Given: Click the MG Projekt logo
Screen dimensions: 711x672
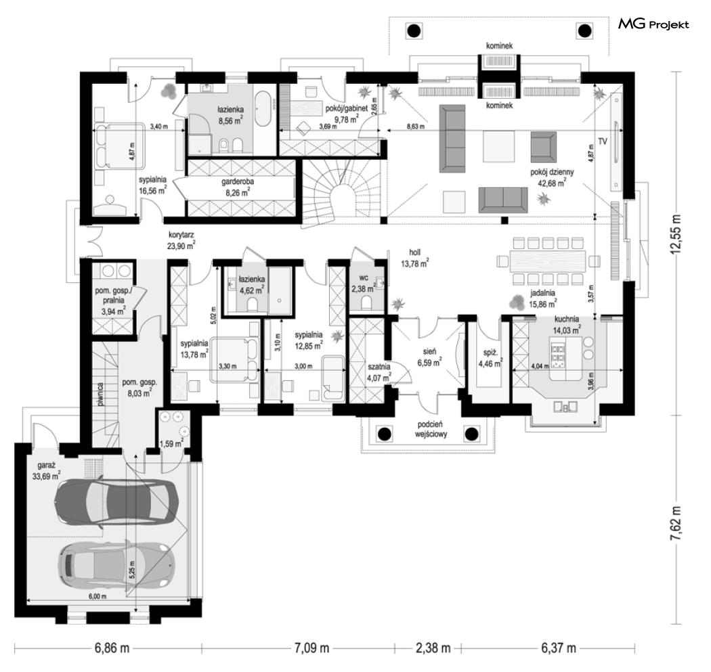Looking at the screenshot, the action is click(x=653, y=24).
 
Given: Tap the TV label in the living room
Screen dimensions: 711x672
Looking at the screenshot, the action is click(x=602, y=142).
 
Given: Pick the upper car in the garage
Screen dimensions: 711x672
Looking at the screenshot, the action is click(x=116, y=501).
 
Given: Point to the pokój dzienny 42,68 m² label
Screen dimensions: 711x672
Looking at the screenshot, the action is click(x=552, y=177).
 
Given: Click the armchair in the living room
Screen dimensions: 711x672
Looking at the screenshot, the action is click(x=543, y=147).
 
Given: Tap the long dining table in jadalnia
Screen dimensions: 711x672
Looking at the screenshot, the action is click(x=548, y=261).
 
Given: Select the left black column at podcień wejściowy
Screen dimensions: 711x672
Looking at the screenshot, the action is click(x=384, y=434).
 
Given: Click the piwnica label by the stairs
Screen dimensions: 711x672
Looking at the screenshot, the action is click(x=101, y=394).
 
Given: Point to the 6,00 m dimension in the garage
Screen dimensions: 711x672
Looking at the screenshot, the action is click(x=98, y=596).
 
